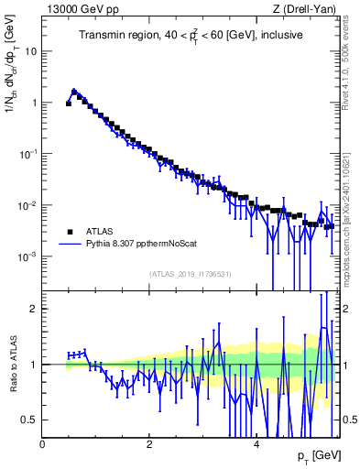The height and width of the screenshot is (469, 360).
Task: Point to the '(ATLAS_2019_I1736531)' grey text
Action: pyautogui.click(x=190, y=274)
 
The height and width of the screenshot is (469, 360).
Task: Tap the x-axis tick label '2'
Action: pyautogui.click(x=149, y=443)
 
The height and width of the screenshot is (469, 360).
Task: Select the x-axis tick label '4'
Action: pyautogui.click(x=256, y=443)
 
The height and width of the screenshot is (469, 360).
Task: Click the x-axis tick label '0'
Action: pyautogui.click(x=43, y=443)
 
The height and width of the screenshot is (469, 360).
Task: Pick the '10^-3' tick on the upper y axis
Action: pyautogui.click(x=29, y=256)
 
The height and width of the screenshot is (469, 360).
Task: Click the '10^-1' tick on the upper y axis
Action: pyautogui.click(x=29, y=154)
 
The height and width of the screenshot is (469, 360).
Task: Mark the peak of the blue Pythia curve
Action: pyautogui.click(x=74, y=91)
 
